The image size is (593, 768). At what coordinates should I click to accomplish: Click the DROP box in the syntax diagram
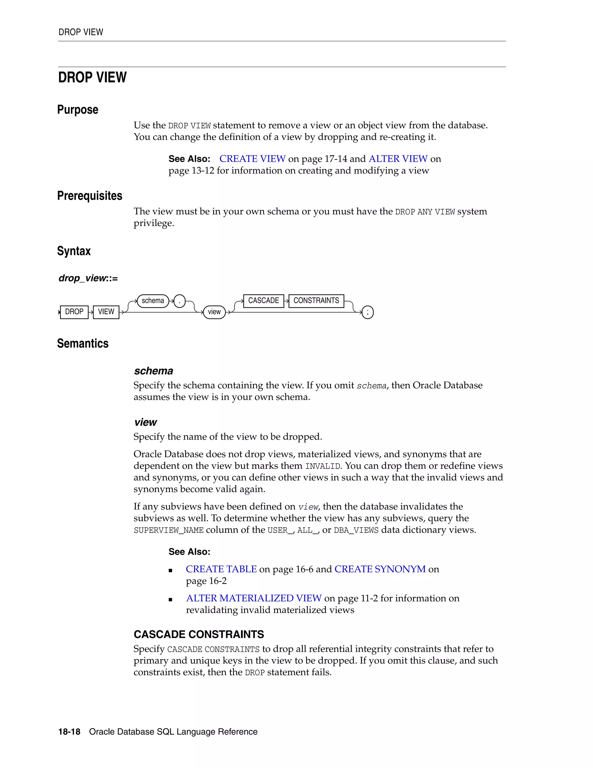click(x=74, y=312)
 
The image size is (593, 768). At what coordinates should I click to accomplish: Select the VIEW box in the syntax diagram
click(x=106, y=312)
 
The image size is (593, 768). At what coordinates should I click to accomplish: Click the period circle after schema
click(x=180, y=301)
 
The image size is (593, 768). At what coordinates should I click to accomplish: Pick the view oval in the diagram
click(x=214, y=312)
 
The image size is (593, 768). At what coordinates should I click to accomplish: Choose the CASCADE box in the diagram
click(x=263, y=301)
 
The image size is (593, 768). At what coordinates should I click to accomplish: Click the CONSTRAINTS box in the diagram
click(x=316, y=301)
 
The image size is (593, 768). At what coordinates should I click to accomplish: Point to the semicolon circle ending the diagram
click(x=367, y=312)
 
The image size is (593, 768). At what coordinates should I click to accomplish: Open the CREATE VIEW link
click(x=252, y=159)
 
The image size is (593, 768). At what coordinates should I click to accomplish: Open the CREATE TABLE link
click(x=221, y=569)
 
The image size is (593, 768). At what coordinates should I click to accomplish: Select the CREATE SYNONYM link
click(x=380, y=569)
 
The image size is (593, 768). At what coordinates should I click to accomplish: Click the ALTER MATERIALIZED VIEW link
click(x=254, y=598)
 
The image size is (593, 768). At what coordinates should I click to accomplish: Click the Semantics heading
click(x=83, y=343)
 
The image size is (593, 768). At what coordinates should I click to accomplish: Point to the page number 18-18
click(x=69, y=732)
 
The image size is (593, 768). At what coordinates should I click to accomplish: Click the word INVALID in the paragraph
click(x=323, y=466)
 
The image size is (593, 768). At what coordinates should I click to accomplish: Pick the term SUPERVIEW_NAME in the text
click(x=169, y=530)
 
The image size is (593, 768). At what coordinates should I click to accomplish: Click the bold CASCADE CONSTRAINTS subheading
click(x=199, y=634)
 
